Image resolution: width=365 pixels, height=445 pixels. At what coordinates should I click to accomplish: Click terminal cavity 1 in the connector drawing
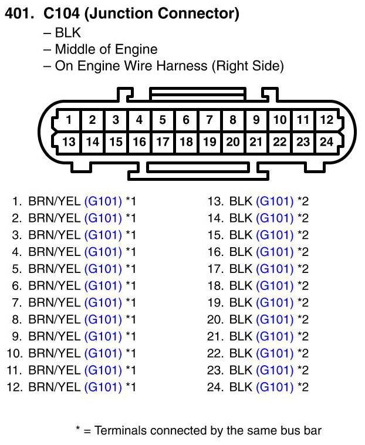click(69, 120)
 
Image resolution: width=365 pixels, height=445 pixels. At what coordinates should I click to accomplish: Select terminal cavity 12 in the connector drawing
click(326, 120)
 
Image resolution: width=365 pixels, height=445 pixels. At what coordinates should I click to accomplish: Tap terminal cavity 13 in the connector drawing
click(69, 141)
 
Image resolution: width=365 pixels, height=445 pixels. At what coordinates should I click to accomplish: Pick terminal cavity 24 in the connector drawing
click(326, 141)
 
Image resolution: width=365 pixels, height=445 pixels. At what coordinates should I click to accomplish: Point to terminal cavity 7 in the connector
click(209, 120)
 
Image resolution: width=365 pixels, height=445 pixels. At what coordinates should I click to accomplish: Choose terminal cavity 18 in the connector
click(186, 141)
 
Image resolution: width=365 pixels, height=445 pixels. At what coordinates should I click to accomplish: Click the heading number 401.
click(18, 14)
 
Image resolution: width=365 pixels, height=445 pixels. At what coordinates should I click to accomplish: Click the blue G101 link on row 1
click(103, 201)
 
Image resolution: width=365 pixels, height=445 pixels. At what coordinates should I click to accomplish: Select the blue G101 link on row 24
click(275, 387)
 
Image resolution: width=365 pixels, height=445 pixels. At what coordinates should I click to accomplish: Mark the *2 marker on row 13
click(303, 201)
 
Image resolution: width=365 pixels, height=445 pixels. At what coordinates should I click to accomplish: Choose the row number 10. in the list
click(15, 353)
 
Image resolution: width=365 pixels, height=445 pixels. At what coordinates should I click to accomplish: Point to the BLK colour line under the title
click(67, 33)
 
